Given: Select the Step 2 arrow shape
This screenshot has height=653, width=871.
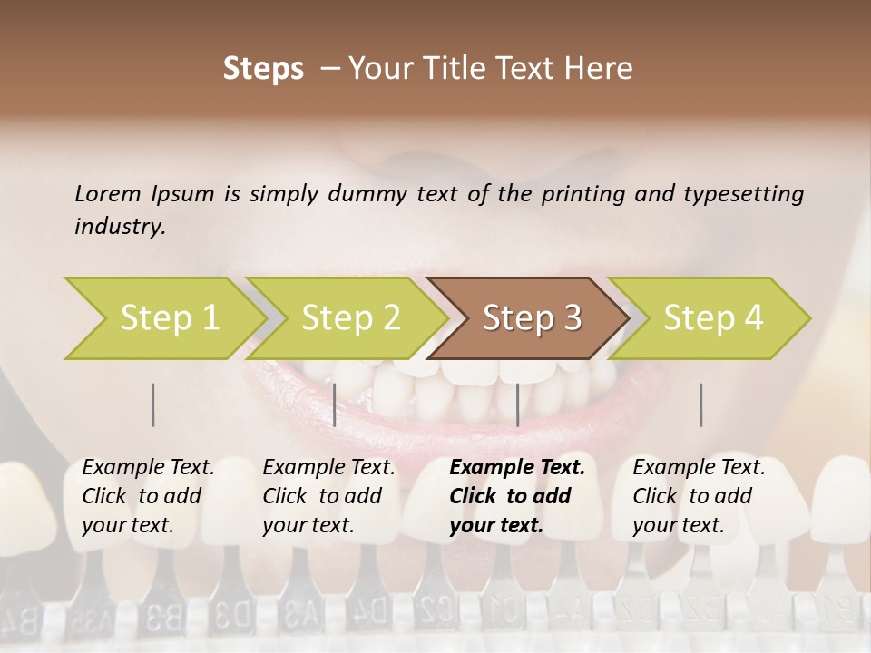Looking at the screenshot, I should click(348, 318).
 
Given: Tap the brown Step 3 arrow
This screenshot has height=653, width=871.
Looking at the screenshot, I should click(530, 318).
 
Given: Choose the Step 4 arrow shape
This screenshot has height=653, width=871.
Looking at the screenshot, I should click(711, 318).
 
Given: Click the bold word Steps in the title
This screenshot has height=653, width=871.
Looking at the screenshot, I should click(263, 69).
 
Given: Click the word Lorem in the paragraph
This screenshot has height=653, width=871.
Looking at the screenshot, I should click(108, 193).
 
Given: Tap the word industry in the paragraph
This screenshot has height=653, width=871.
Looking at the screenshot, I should click(119, 226).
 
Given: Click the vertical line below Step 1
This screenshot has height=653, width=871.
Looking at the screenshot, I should click(153, 404).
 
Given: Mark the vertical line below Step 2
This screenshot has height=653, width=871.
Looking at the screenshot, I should click(335, 404).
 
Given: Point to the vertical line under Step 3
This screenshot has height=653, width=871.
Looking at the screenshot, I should click(517, 404).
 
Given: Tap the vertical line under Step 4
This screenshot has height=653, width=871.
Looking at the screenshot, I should click(700, 404).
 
